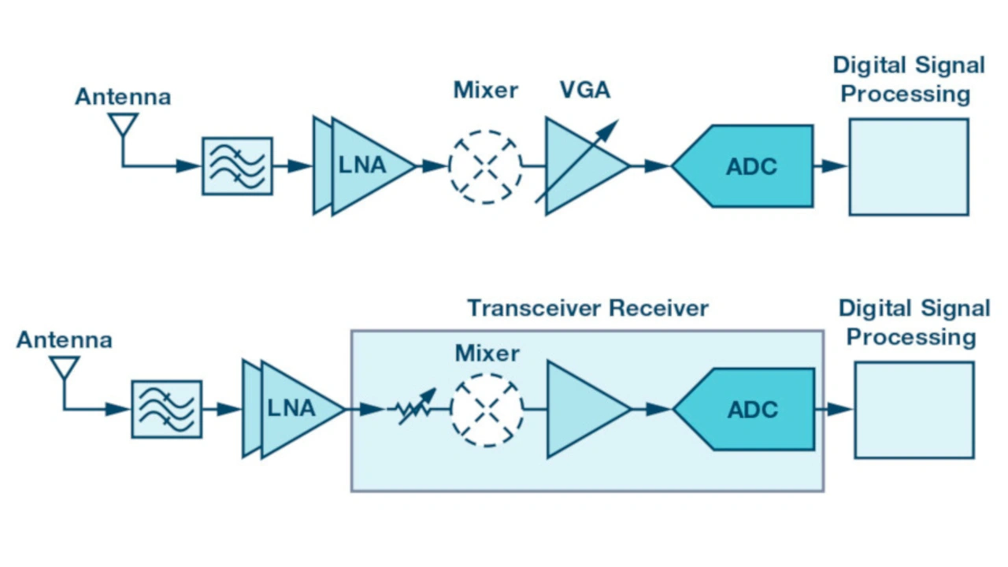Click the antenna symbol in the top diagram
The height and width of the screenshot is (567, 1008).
122,126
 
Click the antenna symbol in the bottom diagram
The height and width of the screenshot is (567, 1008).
65,369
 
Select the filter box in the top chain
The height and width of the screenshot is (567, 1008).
237,166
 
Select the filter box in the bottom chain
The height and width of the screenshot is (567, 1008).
166,409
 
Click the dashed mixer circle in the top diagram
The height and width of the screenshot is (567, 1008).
485,166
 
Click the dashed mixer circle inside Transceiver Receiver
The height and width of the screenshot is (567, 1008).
487,409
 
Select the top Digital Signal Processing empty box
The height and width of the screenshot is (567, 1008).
908,167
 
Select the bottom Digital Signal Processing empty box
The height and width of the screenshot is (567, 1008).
913,409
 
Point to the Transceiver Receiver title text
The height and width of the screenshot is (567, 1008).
587,308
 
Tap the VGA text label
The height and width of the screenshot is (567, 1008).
585,91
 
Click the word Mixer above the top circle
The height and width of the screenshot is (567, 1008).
485,91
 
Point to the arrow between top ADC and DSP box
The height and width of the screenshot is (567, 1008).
831,166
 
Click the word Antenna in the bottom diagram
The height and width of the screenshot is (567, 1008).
64,340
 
